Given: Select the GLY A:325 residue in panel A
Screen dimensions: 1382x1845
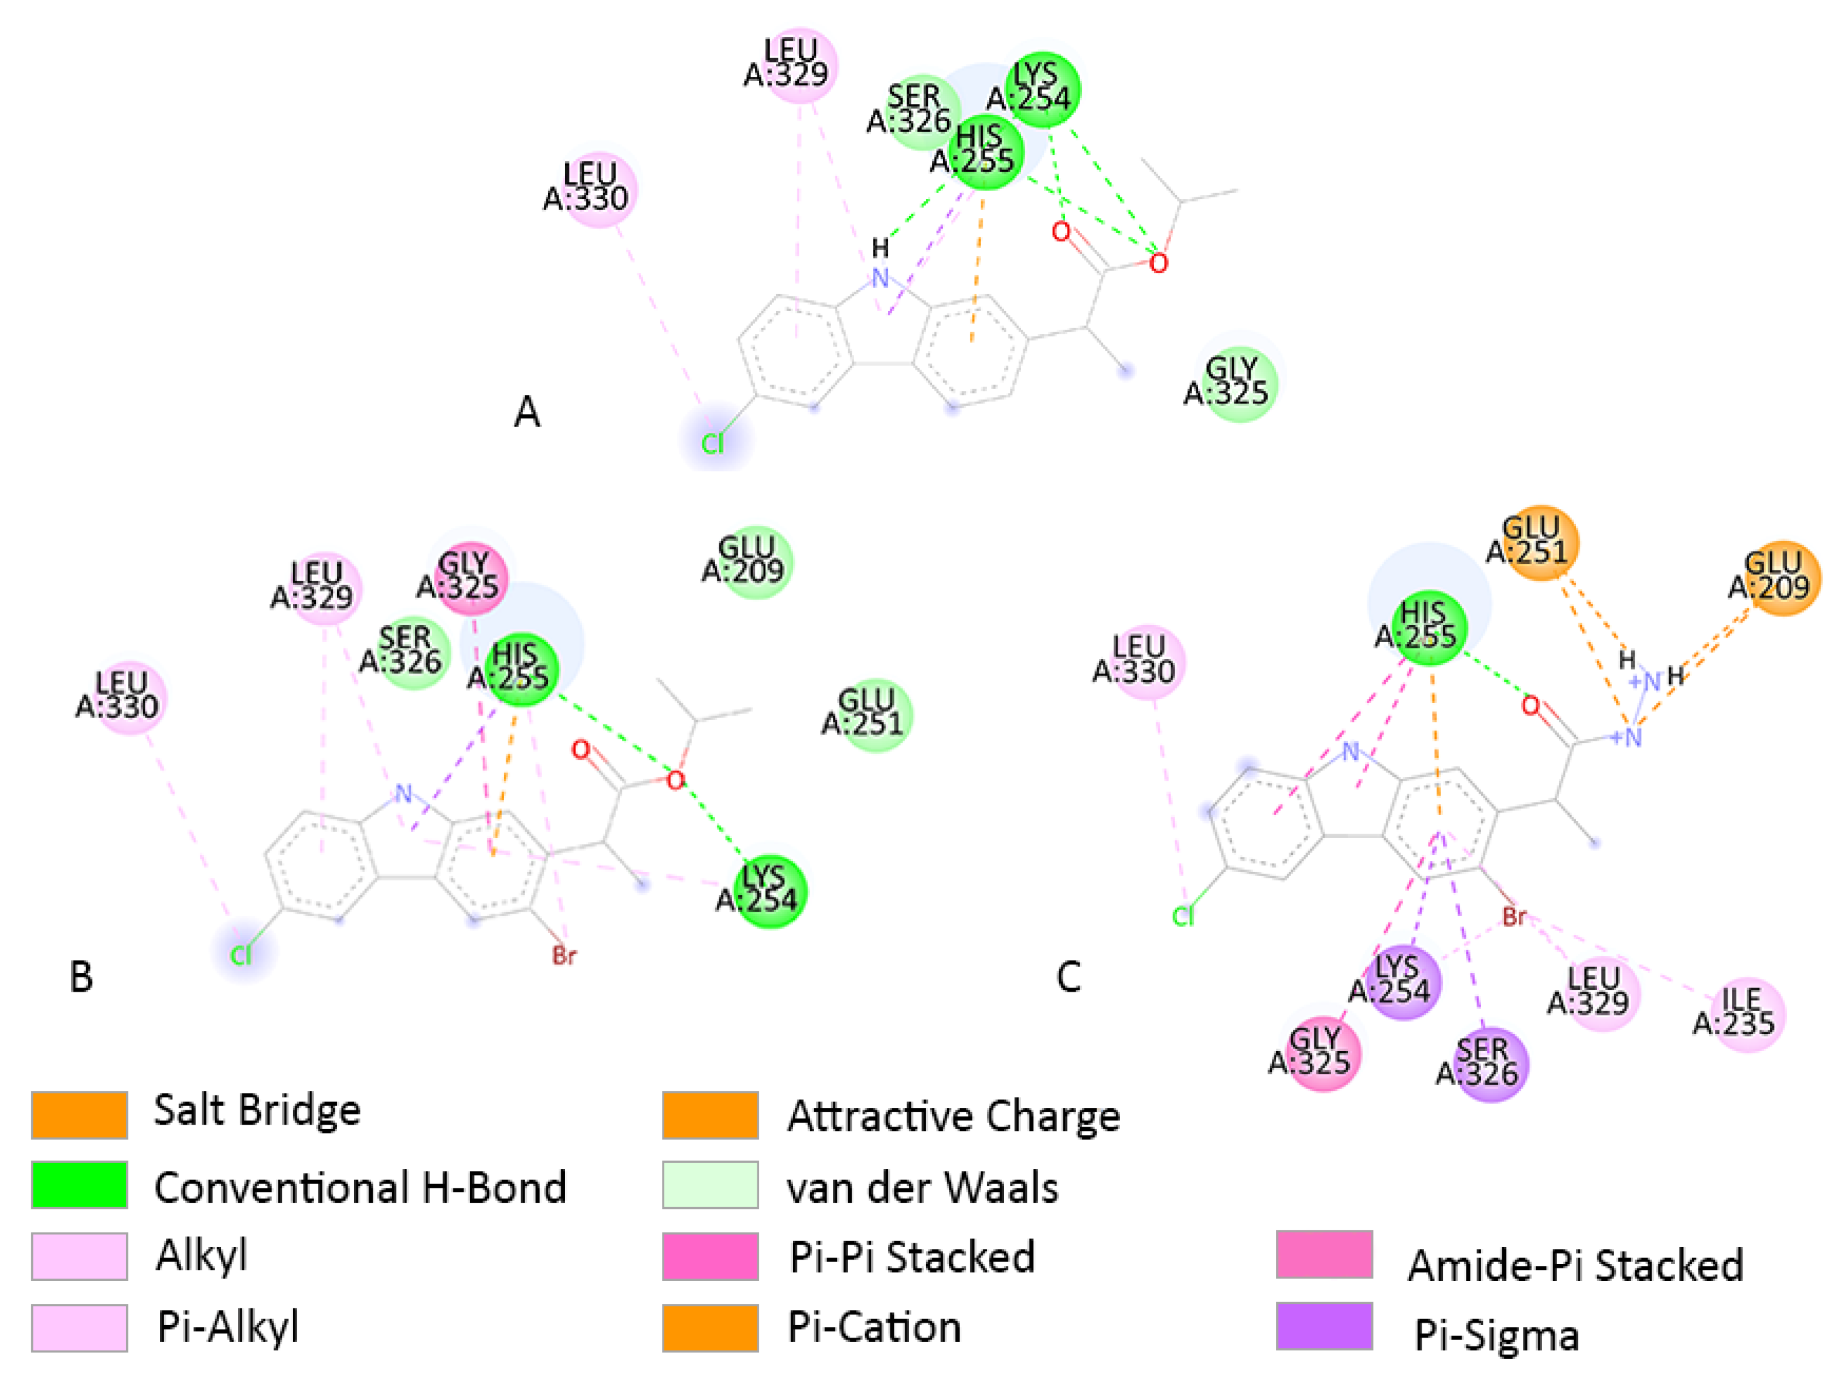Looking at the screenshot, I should pyautogui.click(x=1239, y=383).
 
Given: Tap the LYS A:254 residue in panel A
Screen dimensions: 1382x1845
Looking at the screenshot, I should pyautogui.click(x=1043, y=89).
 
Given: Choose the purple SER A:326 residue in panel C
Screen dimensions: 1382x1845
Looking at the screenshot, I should pyautogui.click(x=1490, y=1064).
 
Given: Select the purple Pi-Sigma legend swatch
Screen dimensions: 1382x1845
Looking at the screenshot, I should pyautogui.click(x=1324, y=1325).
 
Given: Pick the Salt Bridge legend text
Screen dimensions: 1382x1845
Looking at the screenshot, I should pyautogui.click(x=257, y=1111).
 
